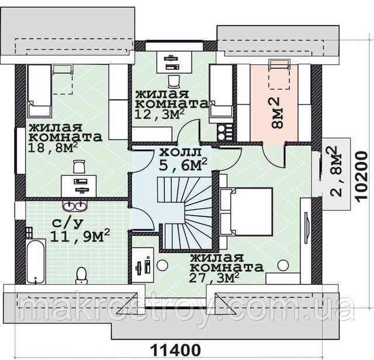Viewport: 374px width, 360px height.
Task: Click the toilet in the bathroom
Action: pos(81,275)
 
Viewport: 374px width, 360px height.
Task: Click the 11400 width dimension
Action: pos(175,350)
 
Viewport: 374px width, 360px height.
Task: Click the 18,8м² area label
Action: pos(53,148)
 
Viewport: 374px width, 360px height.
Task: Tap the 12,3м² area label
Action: pos(160,115)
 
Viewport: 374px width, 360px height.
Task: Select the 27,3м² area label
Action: pos(214,278)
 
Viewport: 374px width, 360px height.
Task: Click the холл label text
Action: pos(181,152)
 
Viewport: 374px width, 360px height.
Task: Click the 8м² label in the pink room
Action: pos(278,113)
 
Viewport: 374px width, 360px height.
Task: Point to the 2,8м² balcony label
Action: pos(337,171)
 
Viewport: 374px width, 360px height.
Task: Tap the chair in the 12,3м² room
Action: pos(174,81)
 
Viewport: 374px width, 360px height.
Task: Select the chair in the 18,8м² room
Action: pos(79,167)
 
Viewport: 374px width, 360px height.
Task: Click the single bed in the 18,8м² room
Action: pos(40,91)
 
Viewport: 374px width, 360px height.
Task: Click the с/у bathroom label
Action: pos(68,223)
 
